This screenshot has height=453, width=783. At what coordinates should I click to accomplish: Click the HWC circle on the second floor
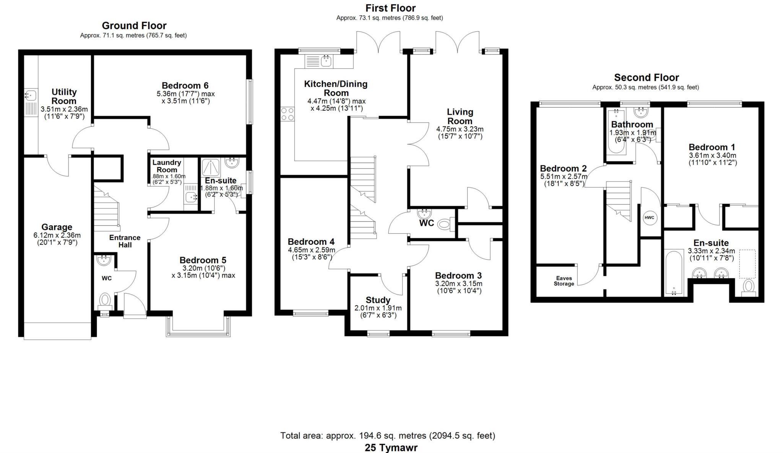649,218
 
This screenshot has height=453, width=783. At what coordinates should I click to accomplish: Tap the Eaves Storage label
564,281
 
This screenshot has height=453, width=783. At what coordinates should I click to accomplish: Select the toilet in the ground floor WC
105,299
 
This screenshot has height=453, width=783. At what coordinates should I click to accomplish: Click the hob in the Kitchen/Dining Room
288,114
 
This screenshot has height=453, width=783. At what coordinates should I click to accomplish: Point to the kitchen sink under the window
326,61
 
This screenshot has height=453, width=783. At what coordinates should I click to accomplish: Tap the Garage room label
57,227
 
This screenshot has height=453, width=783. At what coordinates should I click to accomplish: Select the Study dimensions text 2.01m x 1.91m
378,308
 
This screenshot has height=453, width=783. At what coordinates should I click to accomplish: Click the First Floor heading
390,8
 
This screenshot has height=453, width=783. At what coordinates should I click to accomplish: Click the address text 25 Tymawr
391,448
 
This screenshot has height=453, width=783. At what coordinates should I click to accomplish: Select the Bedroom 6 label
185,86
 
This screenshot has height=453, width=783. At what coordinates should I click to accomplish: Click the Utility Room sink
30,94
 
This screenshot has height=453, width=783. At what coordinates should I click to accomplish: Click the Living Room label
460,116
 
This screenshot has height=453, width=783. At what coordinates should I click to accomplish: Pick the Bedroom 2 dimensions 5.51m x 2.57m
564,177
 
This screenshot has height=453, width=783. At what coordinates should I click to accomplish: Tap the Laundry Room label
167,166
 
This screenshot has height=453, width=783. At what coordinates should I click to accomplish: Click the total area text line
388,435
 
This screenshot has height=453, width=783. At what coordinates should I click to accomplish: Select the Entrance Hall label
125,241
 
